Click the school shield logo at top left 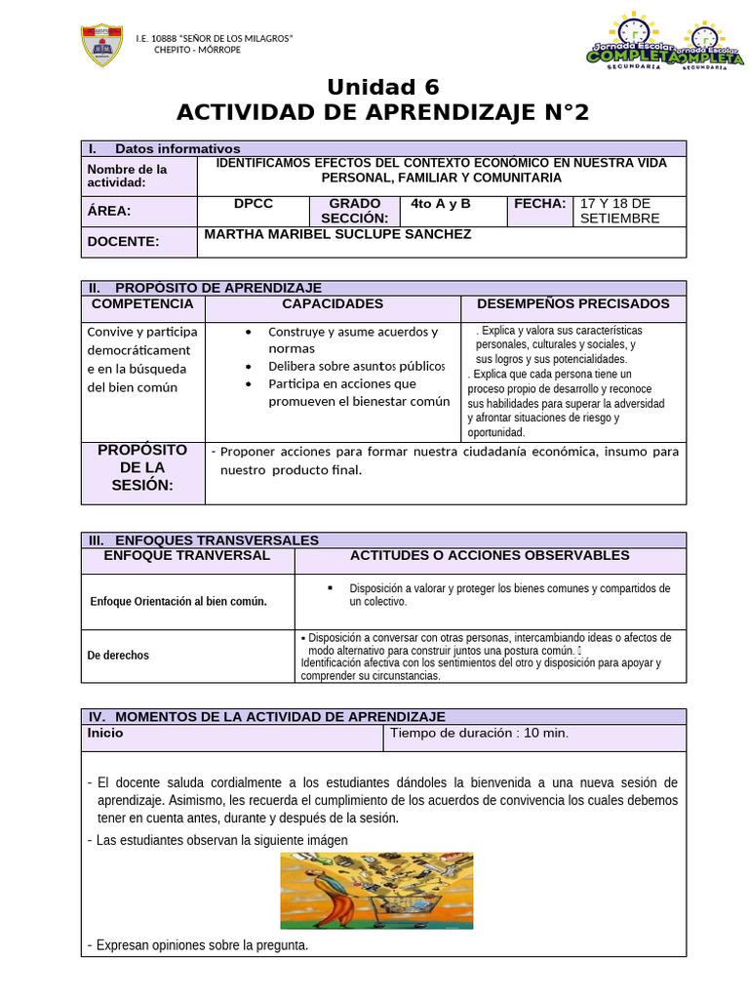(x=99, y=45)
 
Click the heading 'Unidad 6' (x=383, y=87)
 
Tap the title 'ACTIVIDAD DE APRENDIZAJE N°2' (x=383, y=113)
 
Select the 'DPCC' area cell (x=254, y=204)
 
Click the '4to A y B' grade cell (x=441, y=204)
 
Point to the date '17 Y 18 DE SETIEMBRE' (x=620, y=211)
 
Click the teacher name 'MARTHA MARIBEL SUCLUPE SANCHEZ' (x=337, y=234)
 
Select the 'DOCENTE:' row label (x=123, y=242)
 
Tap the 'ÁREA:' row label (x=109, y=211)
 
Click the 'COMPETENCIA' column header (x=142, y=304)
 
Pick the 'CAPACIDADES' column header (x=333, y=304)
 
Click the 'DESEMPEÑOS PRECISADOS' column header (x=572, y=304)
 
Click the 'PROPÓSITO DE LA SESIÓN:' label (x=142, y=467)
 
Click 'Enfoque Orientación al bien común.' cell (x=177, y=601)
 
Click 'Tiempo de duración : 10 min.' (x=479, y=733)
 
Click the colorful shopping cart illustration (x=376, y=890)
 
